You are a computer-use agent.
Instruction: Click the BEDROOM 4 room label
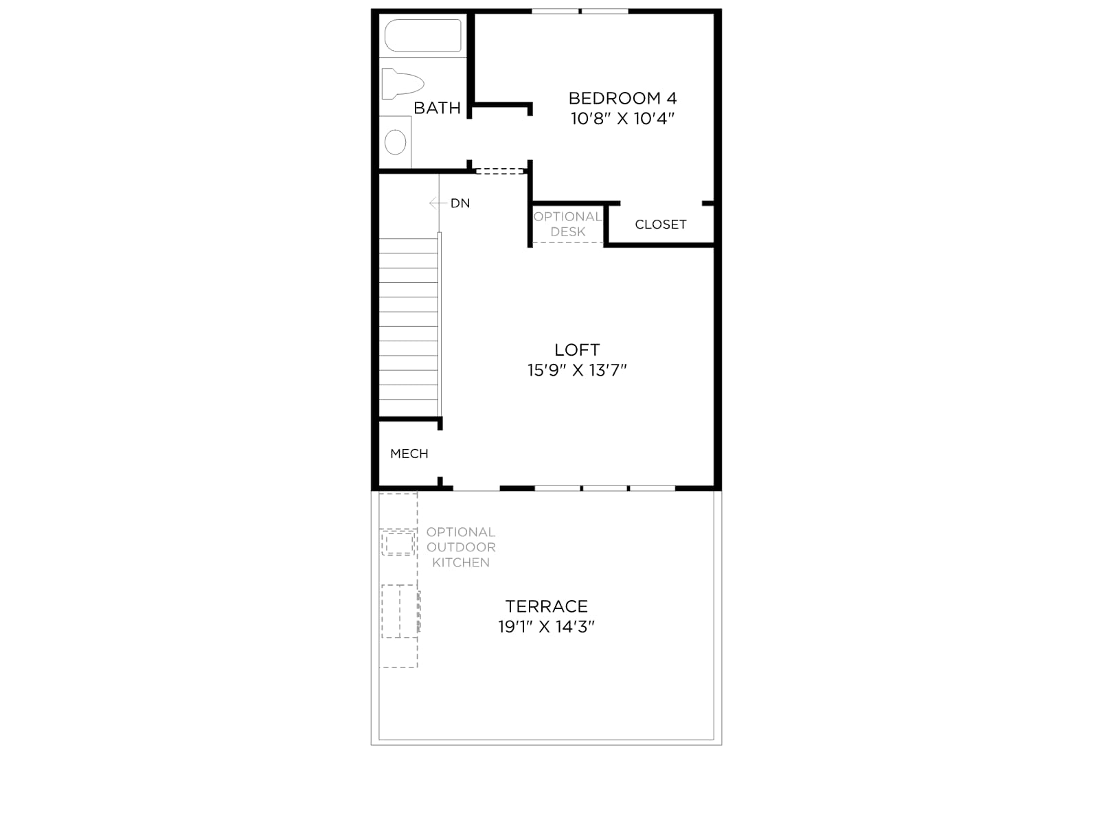tap(622, 98)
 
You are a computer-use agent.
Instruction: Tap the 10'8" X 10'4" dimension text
tap(622, 119)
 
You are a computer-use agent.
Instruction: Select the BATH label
tap(437, 108)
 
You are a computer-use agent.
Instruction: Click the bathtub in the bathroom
tap(423, 36)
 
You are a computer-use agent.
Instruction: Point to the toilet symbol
tap(403, 84)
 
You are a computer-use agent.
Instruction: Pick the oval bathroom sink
tap(395, 142)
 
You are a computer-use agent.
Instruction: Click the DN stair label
tap(460, 203)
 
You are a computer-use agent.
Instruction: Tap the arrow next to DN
tap(438, 203)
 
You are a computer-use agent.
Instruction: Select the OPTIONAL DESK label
tap(568, 224)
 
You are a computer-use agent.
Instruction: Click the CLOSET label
tap(660, 225)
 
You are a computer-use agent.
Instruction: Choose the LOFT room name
tap(577, 350)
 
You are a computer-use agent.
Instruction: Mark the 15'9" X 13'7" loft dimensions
tap(577, 370)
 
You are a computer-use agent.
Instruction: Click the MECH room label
tap(409, 454)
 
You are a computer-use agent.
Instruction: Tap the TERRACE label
tap(546, 606)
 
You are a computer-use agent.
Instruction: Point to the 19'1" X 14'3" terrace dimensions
tap(546, 627)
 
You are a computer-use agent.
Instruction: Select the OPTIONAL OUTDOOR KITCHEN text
tap(461, 547)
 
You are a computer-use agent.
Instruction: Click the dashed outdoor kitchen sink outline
tap(398, 543)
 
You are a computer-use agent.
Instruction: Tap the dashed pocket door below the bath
tap(499, 171)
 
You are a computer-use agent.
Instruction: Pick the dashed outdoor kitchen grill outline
tap(400, 611)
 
